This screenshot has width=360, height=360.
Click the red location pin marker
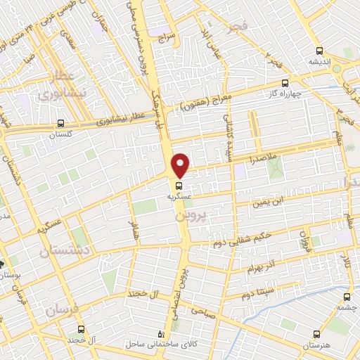(181, 165)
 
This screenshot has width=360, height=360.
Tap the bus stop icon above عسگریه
(179, 186)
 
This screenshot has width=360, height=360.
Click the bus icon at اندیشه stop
(320, 51)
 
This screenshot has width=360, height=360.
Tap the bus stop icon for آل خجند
(80, 329)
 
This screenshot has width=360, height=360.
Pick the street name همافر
(133, 227)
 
